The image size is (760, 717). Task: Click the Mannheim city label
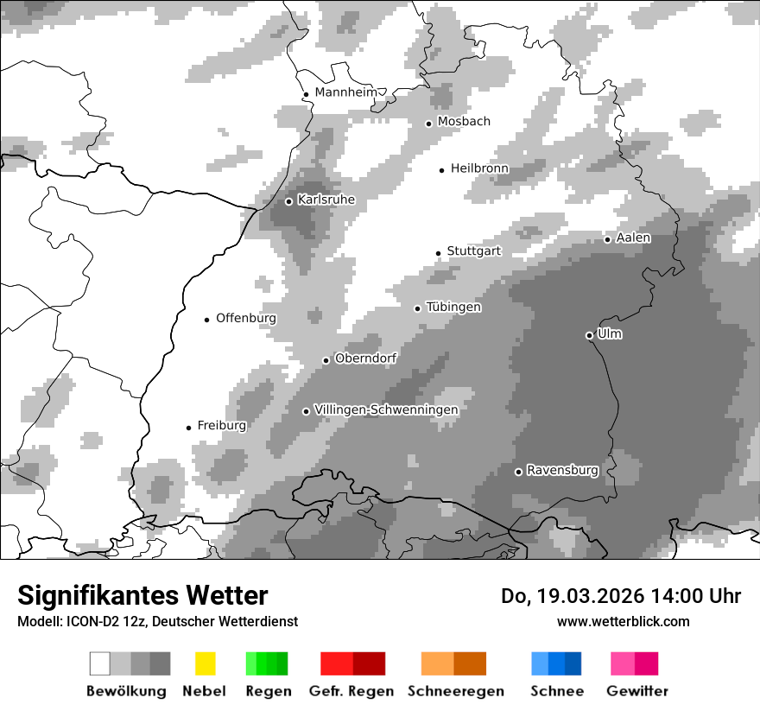[346, 92]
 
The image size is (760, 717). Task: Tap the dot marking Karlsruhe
[289, 201]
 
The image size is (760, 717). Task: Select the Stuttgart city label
[473, 251]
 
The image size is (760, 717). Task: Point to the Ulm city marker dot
[589, 335]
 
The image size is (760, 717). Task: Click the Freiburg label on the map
[221, 426]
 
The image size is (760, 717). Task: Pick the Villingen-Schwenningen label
[386, 409]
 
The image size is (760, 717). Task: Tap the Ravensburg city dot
[518, 472]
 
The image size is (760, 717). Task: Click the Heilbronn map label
[479, 168]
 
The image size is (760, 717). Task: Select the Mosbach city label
[464, 122]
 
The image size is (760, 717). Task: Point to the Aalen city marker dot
[607, 239]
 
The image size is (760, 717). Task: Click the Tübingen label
[453, 308]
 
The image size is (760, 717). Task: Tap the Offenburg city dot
[207, 320]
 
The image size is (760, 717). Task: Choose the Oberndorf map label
[365, 358]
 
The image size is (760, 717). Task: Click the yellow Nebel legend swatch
[205, 663]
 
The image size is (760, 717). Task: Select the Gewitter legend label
[637, 691]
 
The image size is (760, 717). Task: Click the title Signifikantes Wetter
[142, 596]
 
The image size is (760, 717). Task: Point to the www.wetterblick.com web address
[624, 621]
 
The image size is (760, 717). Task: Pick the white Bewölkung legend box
[100, 663]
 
